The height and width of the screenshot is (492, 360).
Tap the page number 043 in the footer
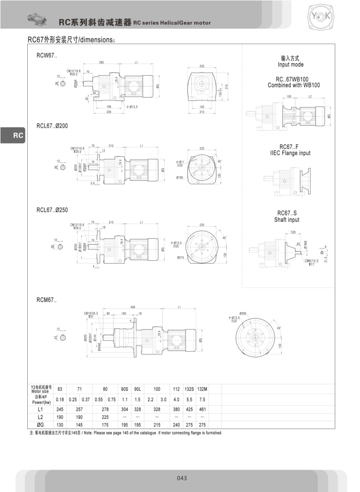(x=182, y=478)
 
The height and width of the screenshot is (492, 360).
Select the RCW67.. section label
(x=47, y=56)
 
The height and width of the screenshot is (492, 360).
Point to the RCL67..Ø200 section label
(x=52, y=126)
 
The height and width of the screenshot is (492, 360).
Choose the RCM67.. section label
(x=47, y=300)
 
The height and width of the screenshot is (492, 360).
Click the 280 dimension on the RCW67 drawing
(x=102, y=63)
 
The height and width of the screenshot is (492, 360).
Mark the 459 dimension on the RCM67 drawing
(x=133, y=307)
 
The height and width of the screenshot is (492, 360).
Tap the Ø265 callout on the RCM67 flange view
(x=243, y=313)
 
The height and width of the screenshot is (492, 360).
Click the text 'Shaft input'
(x=287, y=220)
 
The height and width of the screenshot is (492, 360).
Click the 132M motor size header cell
(x=202, y=388)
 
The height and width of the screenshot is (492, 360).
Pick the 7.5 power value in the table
(x=202, y=399)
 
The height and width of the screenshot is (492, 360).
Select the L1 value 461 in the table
(x=202, y=409)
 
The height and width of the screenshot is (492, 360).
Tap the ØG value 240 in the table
(x=176, y=425)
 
